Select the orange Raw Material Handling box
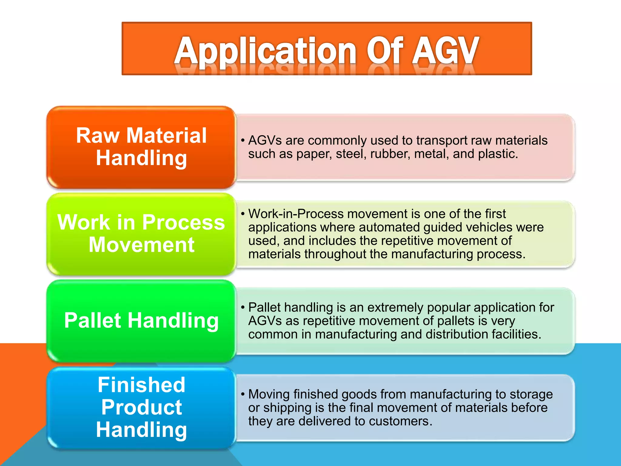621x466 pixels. tap(141, 147)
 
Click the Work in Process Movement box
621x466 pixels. tap(141, 234)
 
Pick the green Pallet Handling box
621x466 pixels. tap(141, 321)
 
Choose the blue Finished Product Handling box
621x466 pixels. tap(141, 407)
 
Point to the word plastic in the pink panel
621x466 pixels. tap(498, 154)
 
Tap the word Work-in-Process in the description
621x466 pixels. tap(296, 214)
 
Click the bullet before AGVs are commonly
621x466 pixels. tap(243, 140)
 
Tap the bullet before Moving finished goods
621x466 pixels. tap(243, 394)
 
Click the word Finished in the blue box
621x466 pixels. tap(141, 385)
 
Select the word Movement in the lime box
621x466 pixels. tap(141, 245)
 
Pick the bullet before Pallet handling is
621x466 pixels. tap(243, 307)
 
